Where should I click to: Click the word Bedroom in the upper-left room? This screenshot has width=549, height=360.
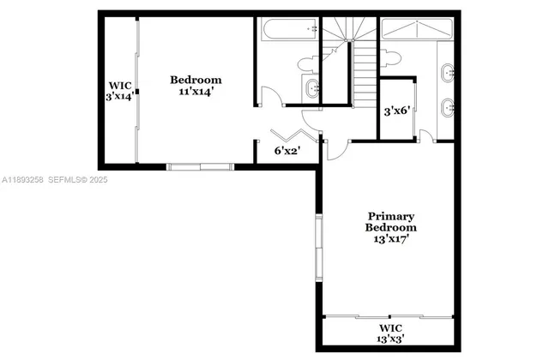tap(196, 79)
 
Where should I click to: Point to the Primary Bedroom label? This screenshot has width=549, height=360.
tap(391, 222)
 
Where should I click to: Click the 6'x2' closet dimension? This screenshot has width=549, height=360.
tap(287, 151)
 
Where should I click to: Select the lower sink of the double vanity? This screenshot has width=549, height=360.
tap(448, 108)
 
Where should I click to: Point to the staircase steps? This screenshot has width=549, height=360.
tap(365, 73)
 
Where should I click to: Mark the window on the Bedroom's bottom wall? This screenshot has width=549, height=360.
tap(201, 165)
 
